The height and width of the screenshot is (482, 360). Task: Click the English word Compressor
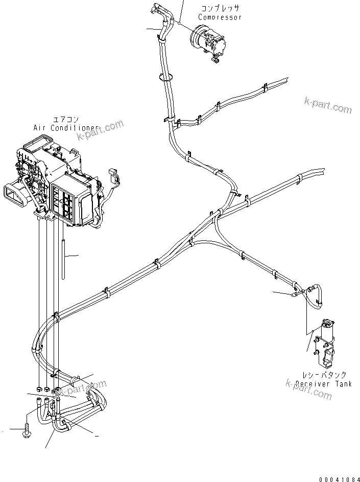(x=220, y=17)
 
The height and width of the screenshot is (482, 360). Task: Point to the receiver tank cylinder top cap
(x=327, y=323)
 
